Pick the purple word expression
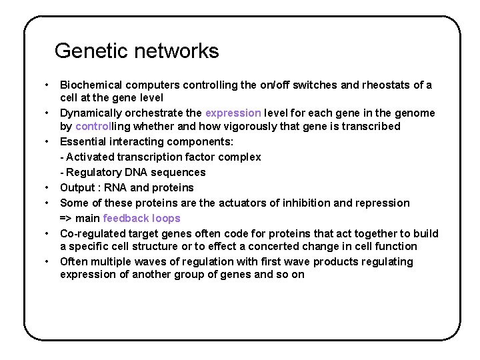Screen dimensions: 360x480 (x=233, y=113)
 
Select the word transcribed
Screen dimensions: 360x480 (x=369, y=127)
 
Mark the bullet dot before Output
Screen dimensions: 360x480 (x=47, y=187)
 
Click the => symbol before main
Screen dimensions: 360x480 (x=66, y=219)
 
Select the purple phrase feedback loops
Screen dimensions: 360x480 (x=141, y=219)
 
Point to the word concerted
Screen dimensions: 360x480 (x=262, y=247)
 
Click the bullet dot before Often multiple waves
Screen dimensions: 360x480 (x=47, y=261)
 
